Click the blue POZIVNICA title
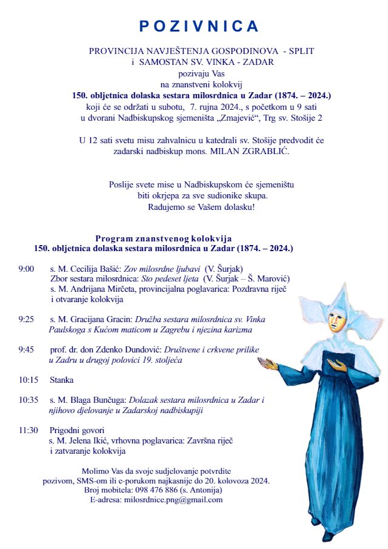199,26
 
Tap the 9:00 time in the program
26,268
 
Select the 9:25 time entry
26,319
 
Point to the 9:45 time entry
26,349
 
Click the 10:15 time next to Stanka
28,380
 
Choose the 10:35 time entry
28,400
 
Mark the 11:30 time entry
28,430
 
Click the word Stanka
62,380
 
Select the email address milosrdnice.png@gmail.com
173,500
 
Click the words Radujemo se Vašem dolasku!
201,207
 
